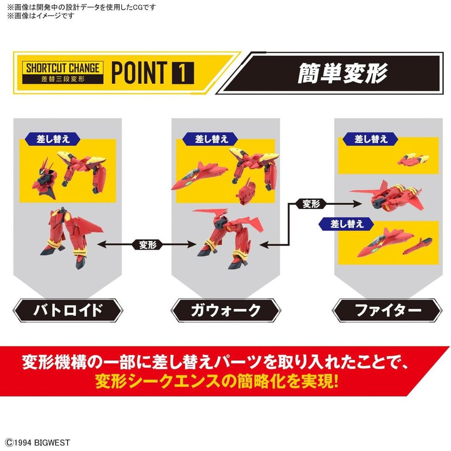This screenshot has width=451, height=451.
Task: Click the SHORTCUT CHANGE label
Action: click(x=63, y=68)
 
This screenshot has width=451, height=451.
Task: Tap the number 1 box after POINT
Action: click(x=183, y=73)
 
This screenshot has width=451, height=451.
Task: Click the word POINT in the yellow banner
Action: click(x=139, y=73)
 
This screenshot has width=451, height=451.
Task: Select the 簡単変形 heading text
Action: click(x=342, y=73)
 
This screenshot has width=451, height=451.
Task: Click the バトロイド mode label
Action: click(x=68, y=311)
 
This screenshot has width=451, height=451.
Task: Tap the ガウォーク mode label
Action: click(x=226, y=311)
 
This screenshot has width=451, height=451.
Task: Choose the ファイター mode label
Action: click(x=387, y=311)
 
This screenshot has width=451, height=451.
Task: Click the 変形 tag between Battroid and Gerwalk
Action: click(x=148, y=245)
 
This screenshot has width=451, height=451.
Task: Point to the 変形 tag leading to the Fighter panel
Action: click(x=311, y=204)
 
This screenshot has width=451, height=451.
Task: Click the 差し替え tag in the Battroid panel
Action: click(x=53, y=139)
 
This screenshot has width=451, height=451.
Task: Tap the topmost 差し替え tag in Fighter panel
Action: click(x=371, y=139)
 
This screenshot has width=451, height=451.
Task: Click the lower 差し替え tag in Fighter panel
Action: click(x=347, y=224)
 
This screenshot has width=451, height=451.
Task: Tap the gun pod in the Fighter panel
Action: click(x=418, y=246)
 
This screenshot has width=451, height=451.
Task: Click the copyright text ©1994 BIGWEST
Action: click(x=38, y=442)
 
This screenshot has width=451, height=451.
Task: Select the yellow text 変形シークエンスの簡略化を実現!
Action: click(x=217, y=381)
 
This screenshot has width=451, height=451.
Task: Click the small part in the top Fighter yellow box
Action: click(x=413, y=159)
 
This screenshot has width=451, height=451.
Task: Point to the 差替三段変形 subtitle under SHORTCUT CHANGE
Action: click(x=63, y=79)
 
